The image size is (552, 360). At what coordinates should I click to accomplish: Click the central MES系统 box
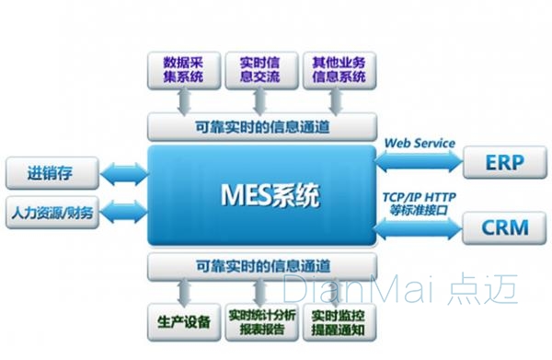(262, 195)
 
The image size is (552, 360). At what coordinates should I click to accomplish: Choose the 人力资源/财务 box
(52, 213)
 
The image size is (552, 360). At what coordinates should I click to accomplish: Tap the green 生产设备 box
(183, 321)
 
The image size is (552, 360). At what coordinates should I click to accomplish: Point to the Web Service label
(419, 144)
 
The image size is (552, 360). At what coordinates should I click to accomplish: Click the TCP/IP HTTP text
(420, 196)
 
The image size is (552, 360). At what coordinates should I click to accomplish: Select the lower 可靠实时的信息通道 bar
(262, 266)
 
